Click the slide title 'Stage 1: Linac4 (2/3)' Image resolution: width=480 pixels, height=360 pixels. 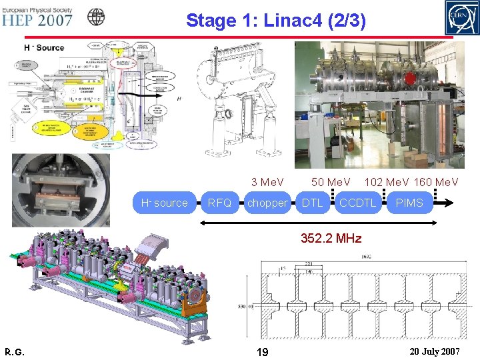[x=275, y=21]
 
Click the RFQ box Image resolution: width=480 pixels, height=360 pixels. [x=219, y=203]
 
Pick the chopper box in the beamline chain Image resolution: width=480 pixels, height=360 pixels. [x=267, y=203]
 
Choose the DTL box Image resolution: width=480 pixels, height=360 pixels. [x=312, y=203]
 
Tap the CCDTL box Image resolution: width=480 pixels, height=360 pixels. [x=357, y=203]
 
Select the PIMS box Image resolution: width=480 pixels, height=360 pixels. [x=409, y=203]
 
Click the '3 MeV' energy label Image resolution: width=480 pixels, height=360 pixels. [x=267, y=182]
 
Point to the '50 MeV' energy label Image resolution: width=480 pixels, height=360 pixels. [x=331, y=182]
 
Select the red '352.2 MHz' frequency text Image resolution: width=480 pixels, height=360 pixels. [x=331, y=238]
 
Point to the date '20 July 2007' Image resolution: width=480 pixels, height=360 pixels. [x=433, y=351]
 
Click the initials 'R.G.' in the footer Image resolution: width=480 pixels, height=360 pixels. [x=14, y=351]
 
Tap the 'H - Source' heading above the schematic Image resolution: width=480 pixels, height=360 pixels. [x=44, y=47]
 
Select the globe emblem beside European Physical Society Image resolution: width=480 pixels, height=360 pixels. [x=97, y=17]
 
